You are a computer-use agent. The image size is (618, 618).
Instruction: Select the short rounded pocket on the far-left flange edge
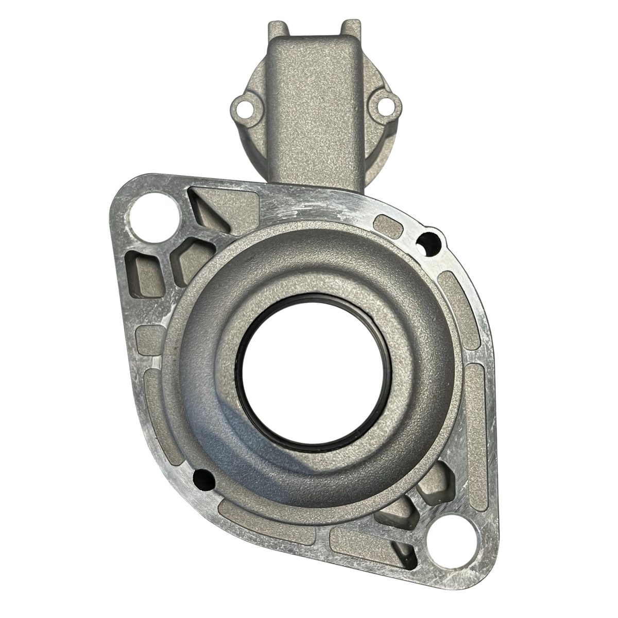pos(148,340)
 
